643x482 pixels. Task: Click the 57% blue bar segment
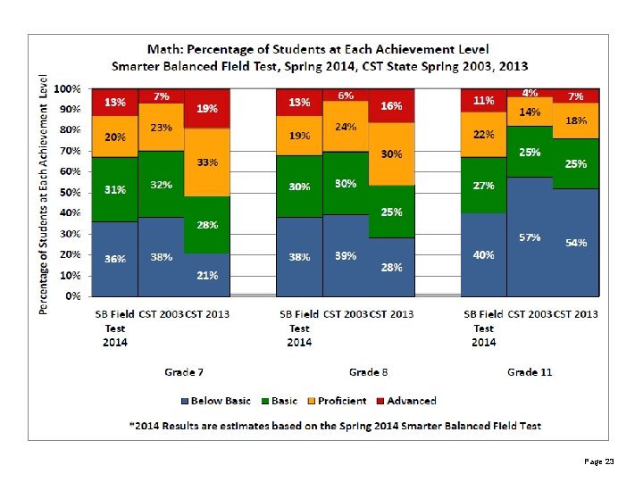click(530, 237)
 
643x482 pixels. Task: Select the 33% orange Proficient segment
click(207, 162)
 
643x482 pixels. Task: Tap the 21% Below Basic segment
click(207, 275)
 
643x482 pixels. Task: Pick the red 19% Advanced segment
click(207, 109)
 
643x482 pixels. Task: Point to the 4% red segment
click(530, 93)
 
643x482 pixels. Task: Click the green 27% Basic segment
click(484, 186)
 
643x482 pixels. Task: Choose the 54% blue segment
click(576, 242)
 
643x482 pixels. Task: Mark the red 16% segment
click(392, 105)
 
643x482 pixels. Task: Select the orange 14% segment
click(530, 112)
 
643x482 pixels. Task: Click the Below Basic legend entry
click(216, 401)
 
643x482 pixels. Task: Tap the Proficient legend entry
click(337, 401)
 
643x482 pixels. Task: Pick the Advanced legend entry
click(406, 401)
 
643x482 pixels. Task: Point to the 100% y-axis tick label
click(67, 89)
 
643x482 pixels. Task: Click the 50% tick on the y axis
click(71, 192)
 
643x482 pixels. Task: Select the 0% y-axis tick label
click(73, 296)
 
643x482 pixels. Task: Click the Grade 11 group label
click(530, 372)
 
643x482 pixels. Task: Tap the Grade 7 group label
click(184, 372)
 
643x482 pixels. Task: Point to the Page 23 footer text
click(599, 461)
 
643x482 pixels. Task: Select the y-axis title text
click(43, 195)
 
